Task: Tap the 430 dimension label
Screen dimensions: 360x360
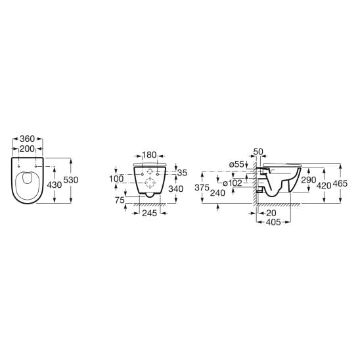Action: click(x=55, y=185)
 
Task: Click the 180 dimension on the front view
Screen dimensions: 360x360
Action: click(x=149, y=155)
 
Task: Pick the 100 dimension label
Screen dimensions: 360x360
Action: click(x=116, y=178)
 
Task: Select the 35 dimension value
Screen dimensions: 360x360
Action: click(x=183, y=172)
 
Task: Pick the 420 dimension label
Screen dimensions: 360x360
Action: click(x=324, y=185)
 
